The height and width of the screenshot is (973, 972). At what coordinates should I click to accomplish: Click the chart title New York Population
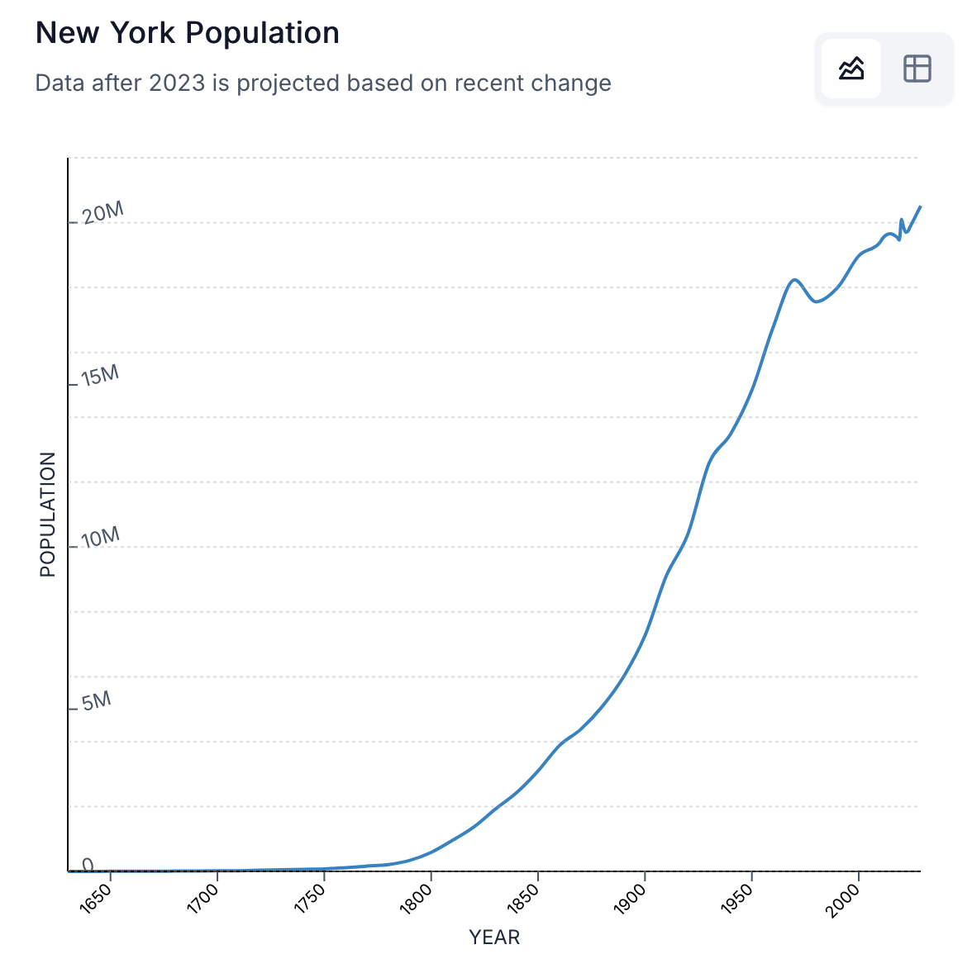[x=188, y=33]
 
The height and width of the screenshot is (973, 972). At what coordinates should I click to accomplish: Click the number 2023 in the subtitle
[x=177, y=83]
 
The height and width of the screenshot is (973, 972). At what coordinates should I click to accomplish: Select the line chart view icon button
[x=850, y=69]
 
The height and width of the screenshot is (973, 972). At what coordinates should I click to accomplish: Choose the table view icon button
[x=917, y=69]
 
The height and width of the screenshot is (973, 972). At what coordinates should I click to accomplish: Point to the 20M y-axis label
[x=103, y=213]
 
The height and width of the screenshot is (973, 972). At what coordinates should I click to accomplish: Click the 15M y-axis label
[x=100, y=376]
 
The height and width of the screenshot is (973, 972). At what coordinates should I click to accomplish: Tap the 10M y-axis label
[x=101, y=538]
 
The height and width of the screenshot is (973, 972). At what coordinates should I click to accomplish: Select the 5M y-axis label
[x=96, y=700]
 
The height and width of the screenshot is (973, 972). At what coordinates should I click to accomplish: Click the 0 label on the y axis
[x=88, y=865]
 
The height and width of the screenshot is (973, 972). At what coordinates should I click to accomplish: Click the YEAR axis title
[x=494, y=937]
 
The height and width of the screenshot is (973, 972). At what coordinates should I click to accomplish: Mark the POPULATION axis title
[x=48, y=514]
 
